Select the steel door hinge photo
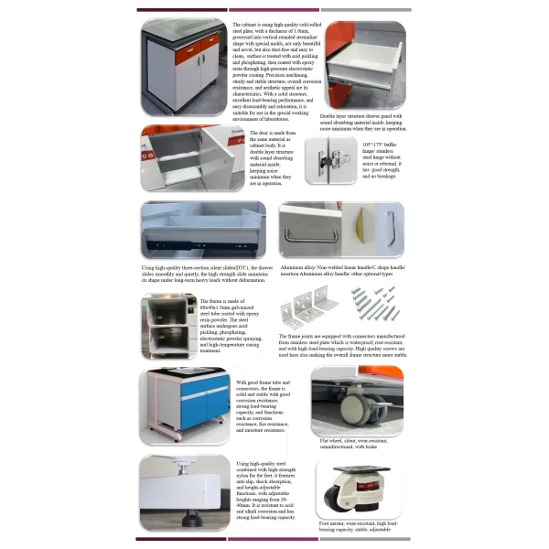click(x=331, y=161)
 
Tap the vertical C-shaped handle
click(x=390, y=229)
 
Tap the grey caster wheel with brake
click(x=358, y=413)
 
